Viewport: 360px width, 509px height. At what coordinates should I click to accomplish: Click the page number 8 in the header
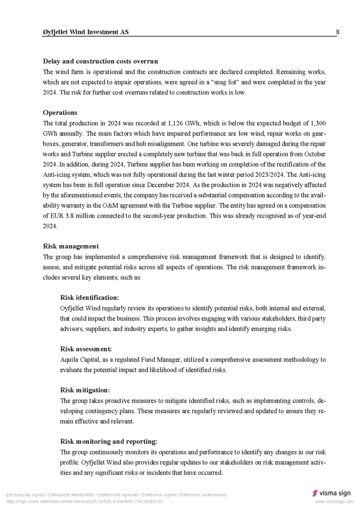(x=338, y=32)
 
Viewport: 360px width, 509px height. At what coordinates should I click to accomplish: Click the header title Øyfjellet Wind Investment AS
(x=86, y=32)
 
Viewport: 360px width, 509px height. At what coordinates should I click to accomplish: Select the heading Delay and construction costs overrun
(x=100, y=61)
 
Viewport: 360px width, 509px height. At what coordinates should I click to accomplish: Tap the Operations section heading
(x=60, y=113)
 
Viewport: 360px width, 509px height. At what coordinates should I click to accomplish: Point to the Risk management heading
(x=71, y=246)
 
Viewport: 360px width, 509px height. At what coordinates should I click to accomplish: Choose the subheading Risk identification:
(x=90, y=297)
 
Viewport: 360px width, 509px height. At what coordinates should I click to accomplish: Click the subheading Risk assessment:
(x=86, y=349)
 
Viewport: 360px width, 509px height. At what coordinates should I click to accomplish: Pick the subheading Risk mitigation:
(x=85, y=390)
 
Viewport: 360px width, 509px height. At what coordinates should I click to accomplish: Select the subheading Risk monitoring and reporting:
(x=109, y=441)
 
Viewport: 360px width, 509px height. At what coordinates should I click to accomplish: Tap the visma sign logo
(x=331, y=493)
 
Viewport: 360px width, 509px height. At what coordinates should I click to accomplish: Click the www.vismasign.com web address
(x=334, y=502)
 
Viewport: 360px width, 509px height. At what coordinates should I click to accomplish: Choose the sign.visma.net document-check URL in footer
(x=84, y=502)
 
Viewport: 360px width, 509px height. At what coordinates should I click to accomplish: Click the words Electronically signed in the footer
(x=25, y=495)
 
